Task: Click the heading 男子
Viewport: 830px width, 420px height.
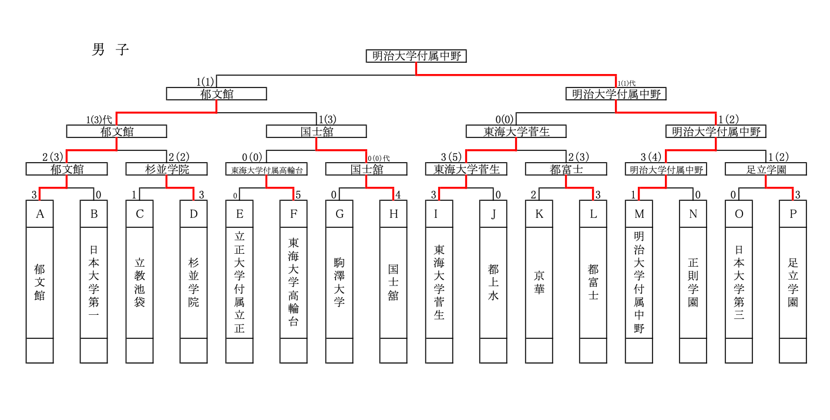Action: click(x=110, y=50)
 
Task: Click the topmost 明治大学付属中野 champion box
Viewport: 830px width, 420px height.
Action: click(x=416, y=56)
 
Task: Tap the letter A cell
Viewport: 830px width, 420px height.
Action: click(x=39, y=214)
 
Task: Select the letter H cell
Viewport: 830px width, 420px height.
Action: click(x=393, y=214)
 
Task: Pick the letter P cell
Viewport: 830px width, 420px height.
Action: click(x=793, y=214)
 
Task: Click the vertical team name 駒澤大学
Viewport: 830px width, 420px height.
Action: click(x=339, y=282)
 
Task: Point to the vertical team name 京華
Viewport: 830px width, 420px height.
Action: click(x=539, y=282)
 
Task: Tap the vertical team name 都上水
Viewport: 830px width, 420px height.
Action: click(x=493, y=282)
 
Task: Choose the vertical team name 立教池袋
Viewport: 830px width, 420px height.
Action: click(x=140, y=282)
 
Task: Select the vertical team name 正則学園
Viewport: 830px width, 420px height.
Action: click(x=693, y=282)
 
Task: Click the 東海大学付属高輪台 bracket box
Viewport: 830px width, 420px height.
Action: click(x=267, y=169)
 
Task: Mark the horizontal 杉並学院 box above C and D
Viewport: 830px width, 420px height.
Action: click(x=167, y=169)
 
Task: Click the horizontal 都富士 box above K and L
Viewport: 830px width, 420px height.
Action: click(x=566, y=169)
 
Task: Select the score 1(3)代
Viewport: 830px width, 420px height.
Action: click(x=99, y=120)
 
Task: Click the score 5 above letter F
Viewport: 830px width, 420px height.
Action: click(x=298, y=194)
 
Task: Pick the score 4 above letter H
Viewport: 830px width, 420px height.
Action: click(x=398, y=194)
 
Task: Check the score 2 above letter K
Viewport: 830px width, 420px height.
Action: click(x=533, y=194)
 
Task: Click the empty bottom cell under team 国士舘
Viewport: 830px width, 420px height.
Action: click(x=393, y=351)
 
